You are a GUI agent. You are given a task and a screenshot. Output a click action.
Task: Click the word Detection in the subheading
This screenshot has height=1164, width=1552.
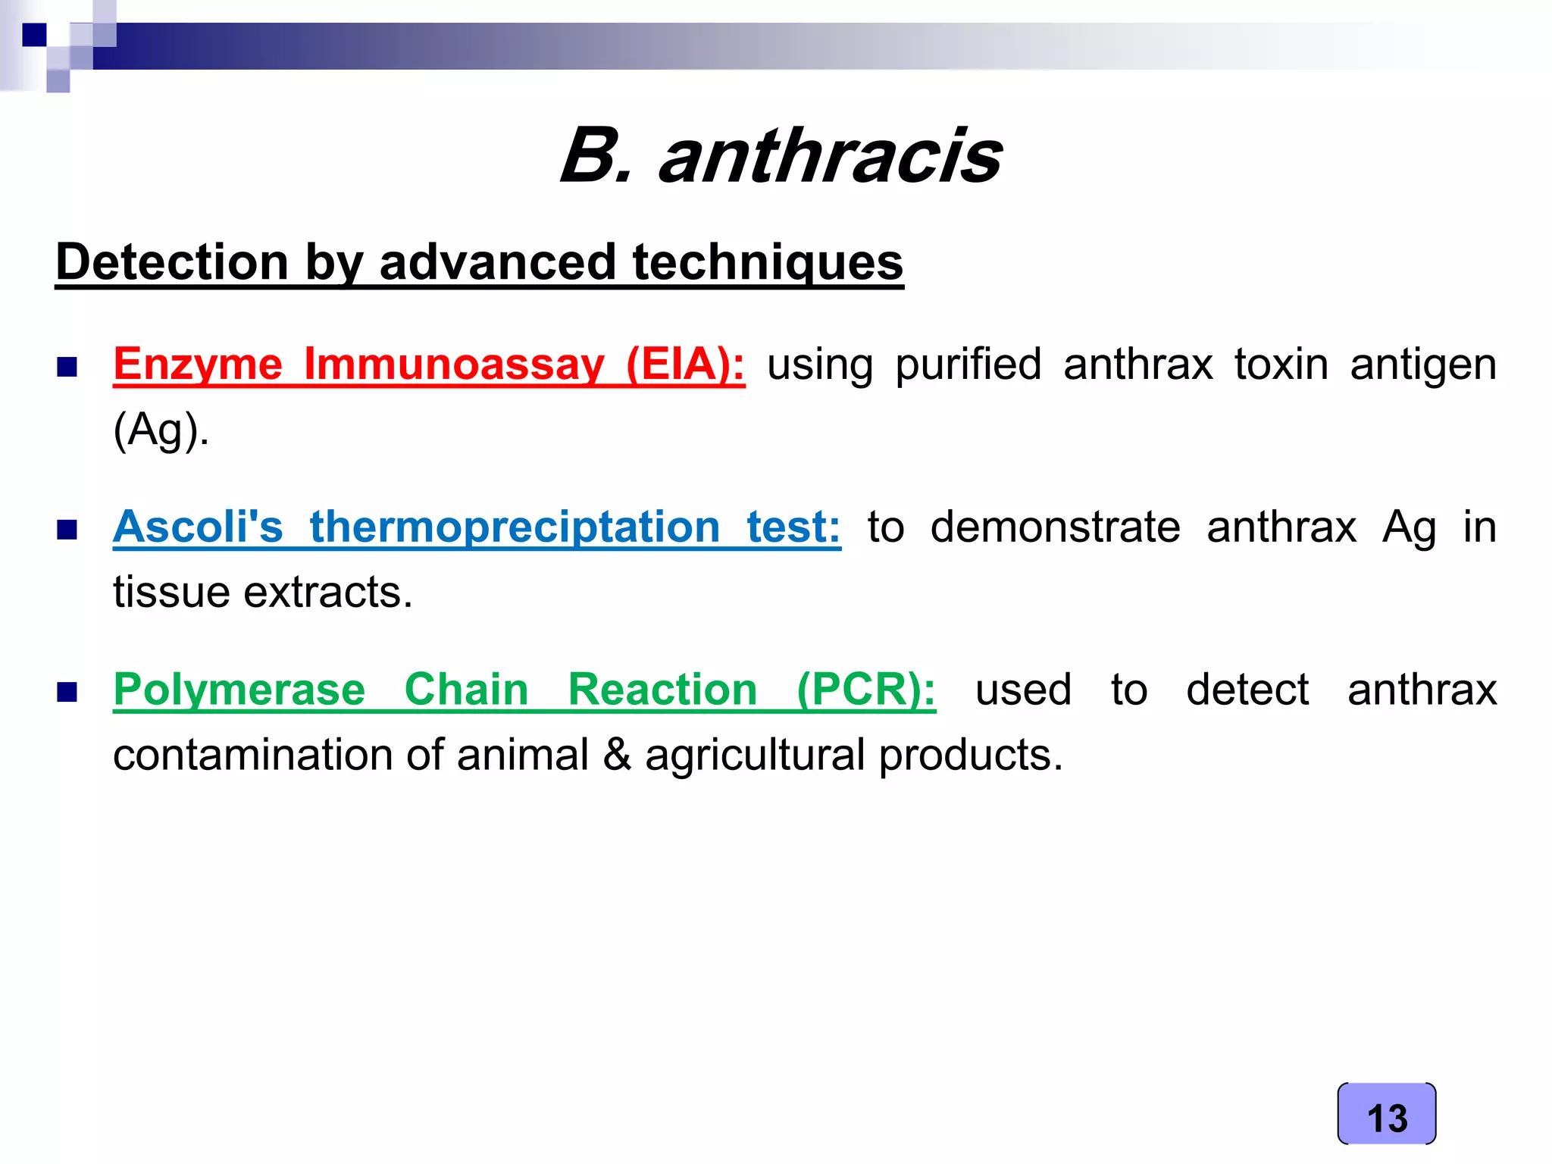(x=172, y=262)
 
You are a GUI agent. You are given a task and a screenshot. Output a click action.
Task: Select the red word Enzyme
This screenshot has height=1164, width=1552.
(x=198, y=365)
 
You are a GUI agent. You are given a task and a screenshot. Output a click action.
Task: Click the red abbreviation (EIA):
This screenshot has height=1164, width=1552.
(x=685, y=365)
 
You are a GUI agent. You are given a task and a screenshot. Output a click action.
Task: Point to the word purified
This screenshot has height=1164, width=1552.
(x=968, y=365)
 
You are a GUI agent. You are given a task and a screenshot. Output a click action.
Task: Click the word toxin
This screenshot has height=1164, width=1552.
(x=1281, y=365)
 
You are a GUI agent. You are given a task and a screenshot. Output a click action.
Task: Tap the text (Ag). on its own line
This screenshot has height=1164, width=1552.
(x=161, y=430)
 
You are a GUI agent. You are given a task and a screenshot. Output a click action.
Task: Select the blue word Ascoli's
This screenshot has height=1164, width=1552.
(x=198, y=527)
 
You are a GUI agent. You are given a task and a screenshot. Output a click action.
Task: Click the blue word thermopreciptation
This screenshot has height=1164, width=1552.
(x=515, y=527)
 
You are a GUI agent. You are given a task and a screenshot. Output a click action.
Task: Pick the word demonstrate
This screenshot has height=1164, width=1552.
(x=1055, y=527)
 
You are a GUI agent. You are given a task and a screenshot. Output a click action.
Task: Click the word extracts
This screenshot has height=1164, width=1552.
(x=327, y=592)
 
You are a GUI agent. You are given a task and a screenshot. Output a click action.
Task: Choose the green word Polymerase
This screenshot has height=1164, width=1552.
(x=239, y=690)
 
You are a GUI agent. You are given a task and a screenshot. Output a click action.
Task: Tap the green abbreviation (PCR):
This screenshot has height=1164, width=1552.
(x=866, y=690)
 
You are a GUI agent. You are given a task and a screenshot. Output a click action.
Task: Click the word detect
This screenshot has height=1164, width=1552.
(x=1247, y=690)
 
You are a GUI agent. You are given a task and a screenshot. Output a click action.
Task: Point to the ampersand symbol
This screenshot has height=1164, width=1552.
(x=617, y=755)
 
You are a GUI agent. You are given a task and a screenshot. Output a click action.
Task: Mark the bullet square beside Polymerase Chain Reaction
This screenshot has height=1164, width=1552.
(x=67, y=692)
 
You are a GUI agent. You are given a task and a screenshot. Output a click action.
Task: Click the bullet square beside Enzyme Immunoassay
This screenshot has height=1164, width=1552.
(x=67, y=368)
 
